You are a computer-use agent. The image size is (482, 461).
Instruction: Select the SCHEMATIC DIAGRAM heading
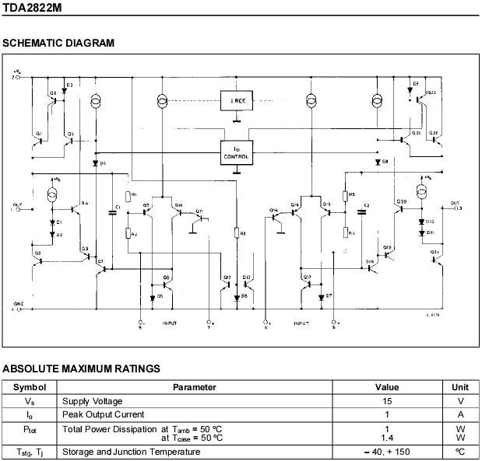58,43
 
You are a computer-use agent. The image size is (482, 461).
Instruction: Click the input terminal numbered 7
208,320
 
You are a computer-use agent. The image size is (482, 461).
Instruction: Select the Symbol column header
30,387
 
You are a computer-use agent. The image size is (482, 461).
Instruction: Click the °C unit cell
460,452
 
